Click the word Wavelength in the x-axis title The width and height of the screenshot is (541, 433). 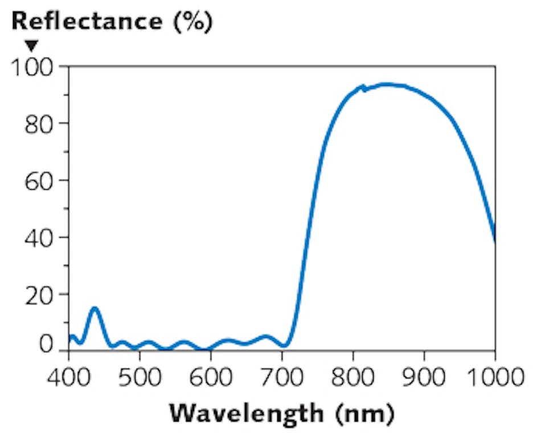246,413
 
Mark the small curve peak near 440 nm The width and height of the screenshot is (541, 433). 95,308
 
